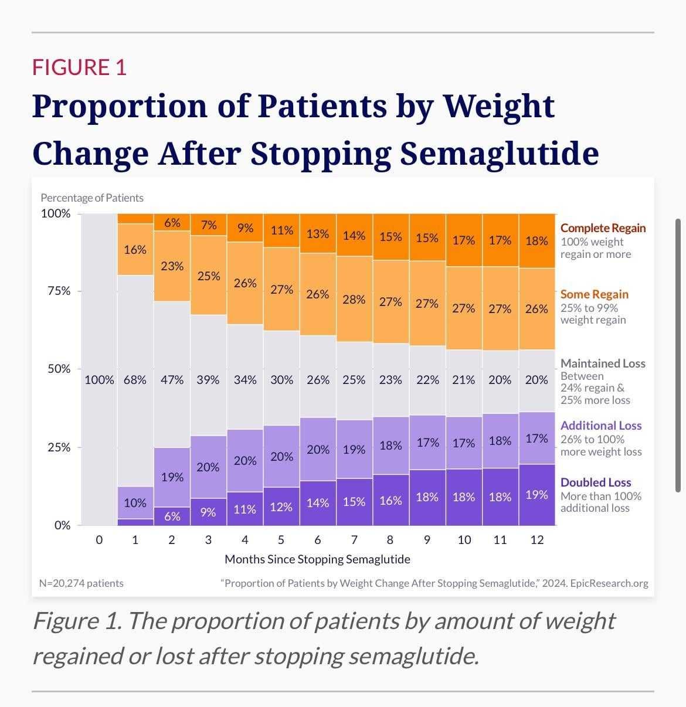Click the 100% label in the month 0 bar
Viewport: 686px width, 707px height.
pyautogui.click(x=99, y=380)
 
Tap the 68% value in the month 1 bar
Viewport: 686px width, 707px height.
pyautogui.click(x=135, y=380)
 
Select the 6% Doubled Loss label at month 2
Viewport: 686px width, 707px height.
pyautogui.click(x=172, y=516)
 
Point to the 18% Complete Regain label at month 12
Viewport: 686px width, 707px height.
pyautogui.click(x=536, y=240)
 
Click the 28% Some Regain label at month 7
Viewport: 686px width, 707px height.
pyautogui.click(x=354, y=300)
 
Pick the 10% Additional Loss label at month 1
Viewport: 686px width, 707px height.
pyautogui.click(x=135, y=502)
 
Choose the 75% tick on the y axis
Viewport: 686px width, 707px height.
pyautogui.click(x=59, y=291)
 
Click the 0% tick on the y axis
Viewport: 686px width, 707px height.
pyautogui.click(x=62, y=525)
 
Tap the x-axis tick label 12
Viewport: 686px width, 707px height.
pyautogui.click(x=536, y=540)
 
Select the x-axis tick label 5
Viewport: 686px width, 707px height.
pyautogui.click(x=281, y=540)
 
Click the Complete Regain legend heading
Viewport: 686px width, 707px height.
pyautogui.click(x=603, y=228)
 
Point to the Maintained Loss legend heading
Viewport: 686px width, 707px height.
pyautogui.click(x=603, y=363)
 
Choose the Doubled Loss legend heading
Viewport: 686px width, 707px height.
pyautogui.click(x=596, y=482)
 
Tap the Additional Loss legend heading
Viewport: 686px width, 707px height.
pyautogui.click(x=601, y=426)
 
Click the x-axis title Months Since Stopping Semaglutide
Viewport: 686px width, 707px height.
pyautogui.click(x=317, y=559)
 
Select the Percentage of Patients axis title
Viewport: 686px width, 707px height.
pyautogui.click(x=91, y=198)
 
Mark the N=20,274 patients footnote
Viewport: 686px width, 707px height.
pyautogui.click(x=81, y=583)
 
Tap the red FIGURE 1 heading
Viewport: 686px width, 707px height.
pyautogui.click(x=79, y=67)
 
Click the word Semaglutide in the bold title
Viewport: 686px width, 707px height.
pyautogui.click(x=499, y=154)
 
